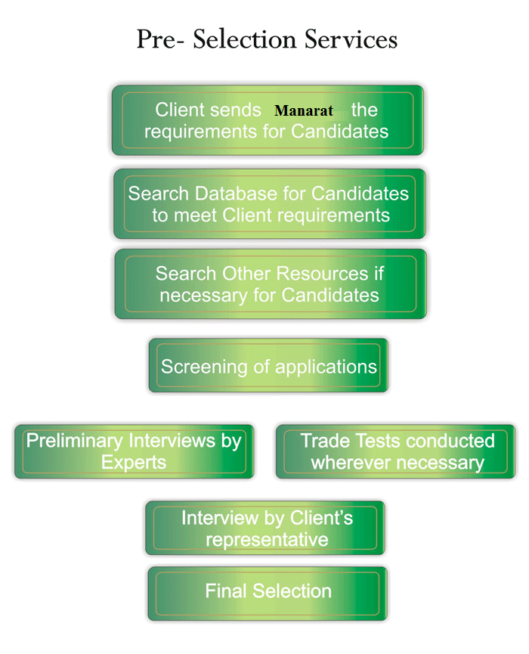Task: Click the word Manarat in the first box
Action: pyautogui.click(x=304, y=111)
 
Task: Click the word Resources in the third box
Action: pyautogui.click(x=305, y=273)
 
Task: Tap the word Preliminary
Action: pyautogui.click(x=74, y=440)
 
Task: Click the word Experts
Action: pyautogui.click(x=134, y=462)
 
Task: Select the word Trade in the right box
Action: pyautogui.click(x=323, y=440)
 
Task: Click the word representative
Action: pyautogui.click(x=267, y=539)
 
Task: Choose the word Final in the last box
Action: pyautogui.click(x=227, y=590)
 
